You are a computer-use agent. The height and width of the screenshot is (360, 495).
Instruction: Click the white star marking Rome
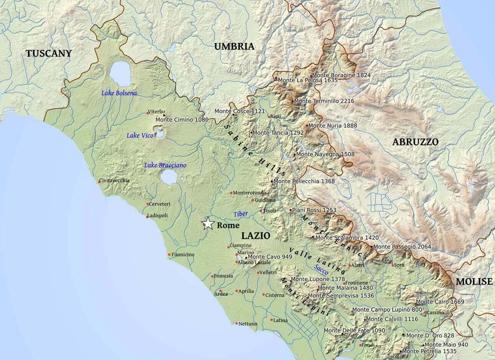pos(207,223)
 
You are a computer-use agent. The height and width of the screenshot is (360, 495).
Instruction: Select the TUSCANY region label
pos(49,54)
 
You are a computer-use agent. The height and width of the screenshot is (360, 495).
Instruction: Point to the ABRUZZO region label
pos(415,142)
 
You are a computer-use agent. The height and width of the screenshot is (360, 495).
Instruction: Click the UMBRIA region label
pos(234,47)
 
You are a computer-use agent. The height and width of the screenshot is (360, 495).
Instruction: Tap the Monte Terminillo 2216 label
pos(324,101)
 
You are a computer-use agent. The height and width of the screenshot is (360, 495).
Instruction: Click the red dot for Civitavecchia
pos(99,182)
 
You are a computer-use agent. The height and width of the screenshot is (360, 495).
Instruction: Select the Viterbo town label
pos(157,111)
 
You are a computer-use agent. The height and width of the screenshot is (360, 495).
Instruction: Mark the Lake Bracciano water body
pos(168,177)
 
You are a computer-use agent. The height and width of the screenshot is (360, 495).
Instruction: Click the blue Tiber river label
pos(241,214)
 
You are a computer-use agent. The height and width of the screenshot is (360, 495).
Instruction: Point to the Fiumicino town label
pos(183,254)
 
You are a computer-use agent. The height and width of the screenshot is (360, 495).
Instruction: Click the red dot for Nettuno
pos(237,323)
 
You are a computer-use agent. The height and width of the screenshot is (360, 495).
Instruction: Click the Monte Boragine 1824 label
pos(341,75)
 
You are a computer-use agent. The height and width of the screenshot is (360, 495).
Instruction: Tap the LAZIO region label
pos(256,236)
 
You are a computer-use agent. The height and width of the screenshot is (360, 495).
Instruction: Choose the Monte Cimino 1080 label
pos(182,119)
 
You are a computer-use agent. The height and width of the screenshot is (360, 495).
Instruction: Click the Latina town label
pos(281,320)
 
